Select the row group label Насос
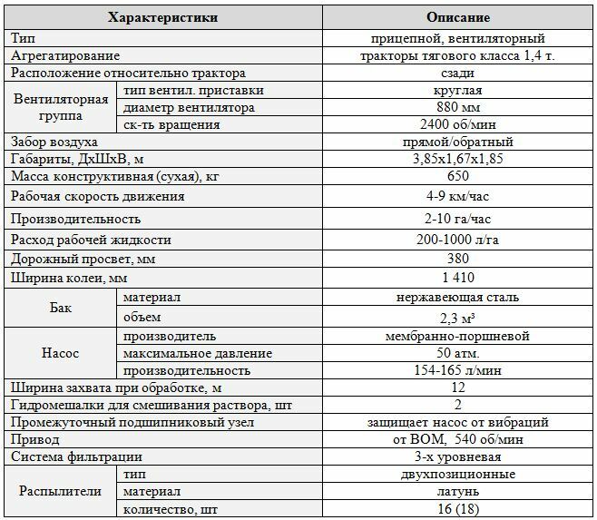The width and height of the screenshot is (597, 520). [62, 352]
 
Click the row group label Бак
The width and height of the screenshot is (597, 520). [62, 307]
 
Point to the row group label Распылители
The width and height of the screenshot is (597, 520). [62, 491]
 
